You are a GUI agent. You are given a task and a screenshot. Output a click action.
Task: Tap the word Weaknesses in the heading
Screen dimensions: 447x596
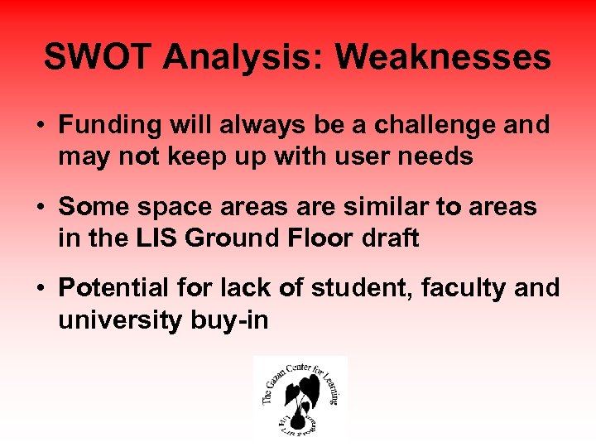tap(443, 58)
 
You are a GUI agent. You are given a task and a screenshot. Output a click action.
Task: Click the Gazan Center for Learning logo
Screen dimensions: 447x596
tap(300, 397)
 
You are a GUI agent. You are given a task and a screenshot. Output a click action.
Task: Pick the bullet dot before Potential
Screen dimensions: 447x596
tap(40, 289)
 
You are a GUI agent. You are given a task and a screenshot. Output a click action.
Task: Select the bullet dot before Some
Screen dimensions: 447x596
tap(40, 207)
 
